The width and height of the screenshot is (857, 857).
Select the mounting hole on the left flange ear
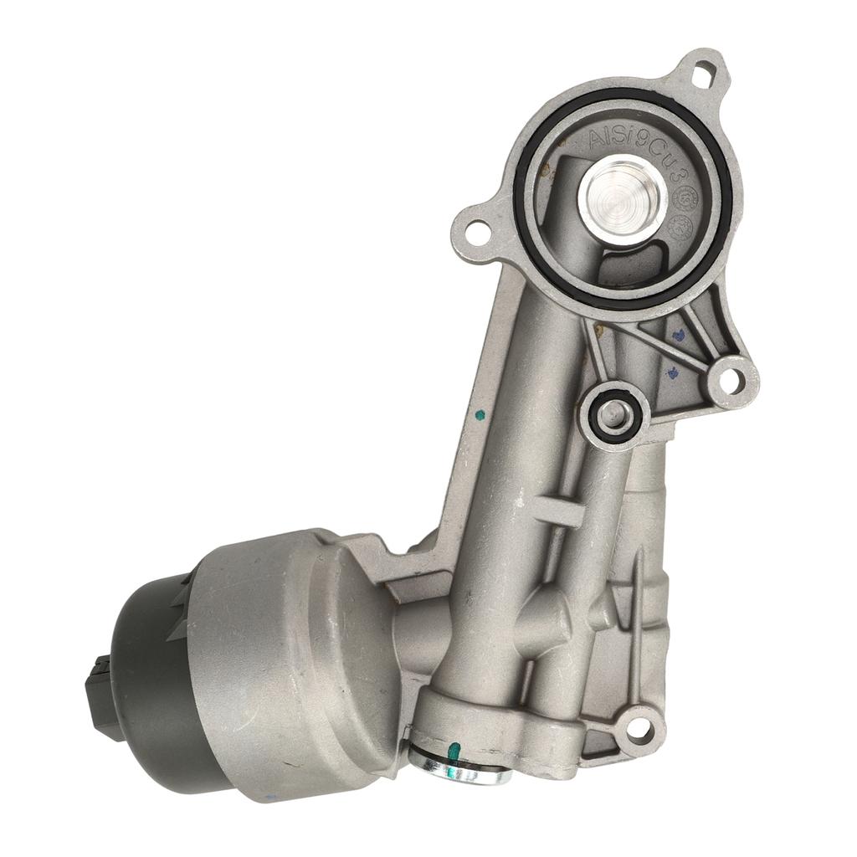(x=478, y=230)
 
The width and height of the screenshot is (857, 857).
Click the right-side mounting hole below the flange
(x=731, y=382)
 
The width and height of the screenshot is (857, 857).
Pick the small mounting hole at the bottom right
(x=639, y=729)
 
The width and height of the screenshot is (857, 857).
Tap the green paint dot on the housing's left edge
(x=480, y=413)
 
